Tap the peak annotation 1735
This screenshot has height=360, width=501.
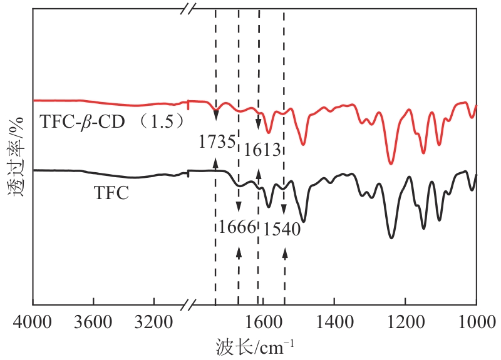point(217,141)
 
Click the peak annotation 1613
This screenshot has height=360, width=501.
point(261,150)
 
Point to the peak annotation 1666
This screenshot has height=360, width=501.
point(237,226)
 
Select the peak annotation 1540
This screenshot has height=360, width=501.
point(282,229)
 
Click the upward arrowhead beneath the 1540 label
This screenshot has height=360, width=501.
point(285,252)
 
